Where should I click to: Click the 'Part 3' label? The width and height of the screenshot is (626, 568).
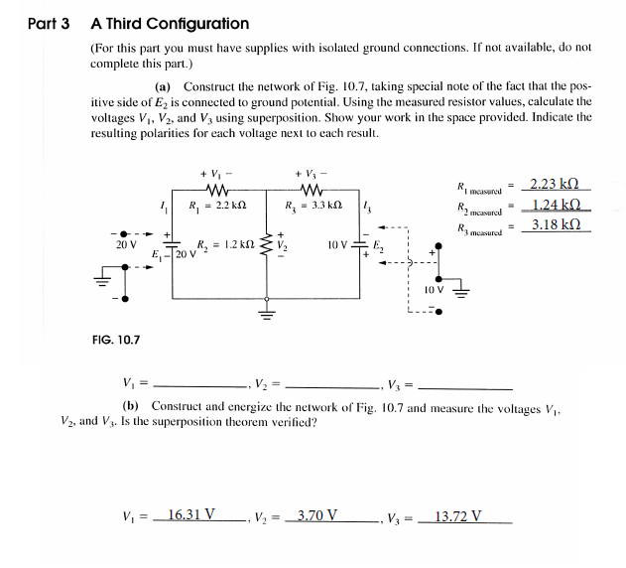pyautogui.click(x=48, y=23)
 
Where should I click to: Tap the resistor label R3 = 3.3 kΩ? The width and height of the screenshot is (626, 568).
pyautogui.click(x=312, y=206)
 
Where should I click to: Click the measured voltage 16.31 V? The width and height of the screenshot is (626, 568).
pyautogui.click(x=191, y=515)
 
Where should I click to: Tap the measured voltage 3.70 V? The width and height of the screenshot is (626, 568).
pyautogui.click(x=317, y=515)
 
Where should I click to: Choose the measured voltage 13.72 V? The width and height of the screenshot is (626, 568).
pyautogui.click(x=459, y=515)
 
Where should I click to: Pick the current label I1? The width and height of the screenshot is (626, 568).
pyautogui.click(x=162, y=205)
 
